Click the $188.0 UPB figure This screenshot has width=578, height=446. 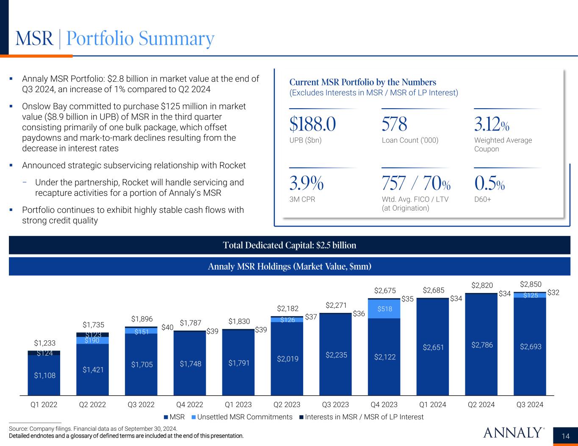pyautogui.click(x=313, y=124)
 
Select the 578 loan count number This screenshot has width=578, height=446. pyautogui.click(x=394, y=124)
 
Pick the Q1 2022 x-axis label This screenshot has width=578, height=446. pyautogui.click(x=44, y=405)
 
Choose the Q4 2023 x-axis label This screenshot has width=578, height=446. pyautogui.click(x=384, y=405)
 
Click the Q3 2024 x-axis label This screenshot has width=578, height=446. pyautogui.click(x=530, y=405)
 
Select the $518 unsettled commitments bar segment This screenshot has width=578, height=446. pyautogui.click(x=384, y=309)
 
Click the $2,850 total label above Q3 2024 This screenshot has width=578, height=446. pyautogui.click(x=530, y=284)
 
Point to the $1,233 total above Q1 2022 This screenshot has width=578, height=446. pyautogui.click(x=44, y=343)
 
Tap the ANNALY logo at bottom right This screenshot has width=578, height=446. pyautogui.click(x=513, y=432)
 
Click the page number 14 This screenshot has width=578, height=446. pyautogui.click(x=565, y=436)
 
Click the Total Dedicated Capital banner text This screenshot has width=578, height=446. pyautogui.click(x=289, y=245)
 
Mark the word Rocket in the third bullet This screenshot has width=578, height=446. pyautogui.click(x=232, y=165)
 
